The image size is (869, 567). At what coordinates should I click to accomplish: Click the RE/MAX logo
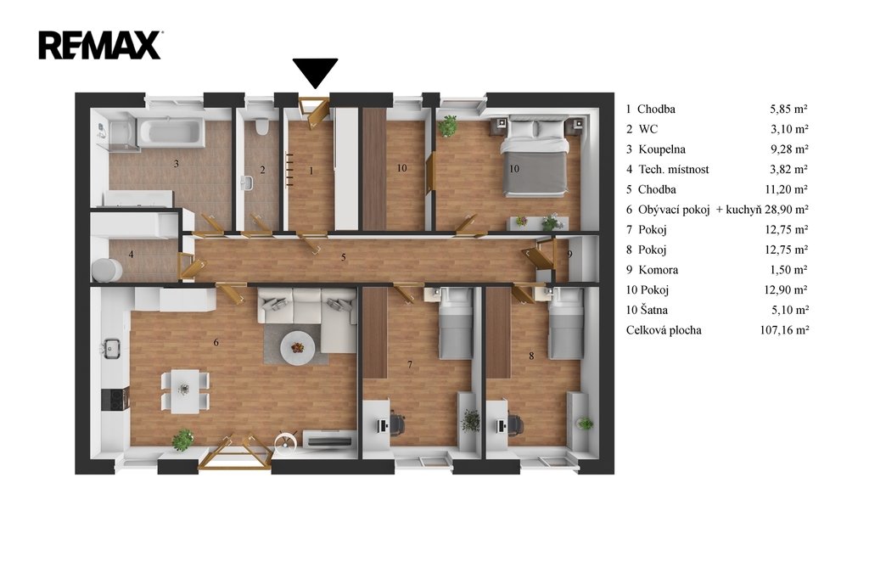point(100,46)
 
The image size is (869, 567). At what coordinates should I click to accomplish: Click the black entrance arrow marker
point(315,73)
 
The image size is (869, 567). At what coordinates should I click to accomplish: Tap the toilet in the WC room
point(261,126)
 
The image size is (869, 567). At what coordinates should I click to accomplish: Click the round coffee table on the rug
point(298,347)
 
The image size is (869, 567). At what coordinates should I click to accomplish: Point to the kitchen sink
point(112,348)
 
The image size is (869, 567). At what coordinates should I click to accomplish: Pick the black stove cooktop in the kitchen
point(115,400)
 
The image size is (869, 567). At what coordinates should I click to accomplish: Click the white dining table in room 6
point(184,391)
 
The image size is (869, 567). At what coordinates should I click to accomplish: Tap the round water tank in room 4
point(106,271)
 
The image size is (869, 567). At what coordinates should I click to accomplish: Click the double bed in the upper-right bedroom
point(535,157)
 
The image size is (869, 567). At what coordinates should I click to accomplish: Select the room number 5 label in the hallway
point(344,257)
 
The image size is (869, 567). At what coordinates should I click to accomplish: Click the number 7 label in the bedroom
point(410,364)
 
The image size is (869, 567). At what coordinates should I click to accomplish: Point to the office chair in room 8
point(514,425)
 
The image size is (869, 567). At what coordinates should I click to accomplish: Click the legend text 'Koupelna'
point(662,149)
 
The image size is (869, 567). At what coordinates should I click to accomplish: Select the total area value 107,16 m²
point(784,330)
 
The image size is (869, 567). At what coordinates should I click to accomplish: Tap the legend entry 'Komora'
point(658,270)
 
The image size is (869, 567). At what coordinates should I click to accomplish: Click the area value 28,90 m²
point(787,210)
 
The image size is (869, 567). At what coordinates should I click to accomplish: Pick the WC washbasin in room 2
point(247,182)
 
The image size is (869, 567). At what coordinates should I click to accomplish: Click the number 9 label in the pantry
point(569,255)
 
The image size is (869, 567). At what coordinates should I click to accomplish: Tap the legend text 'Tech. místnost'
point(673,169)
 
